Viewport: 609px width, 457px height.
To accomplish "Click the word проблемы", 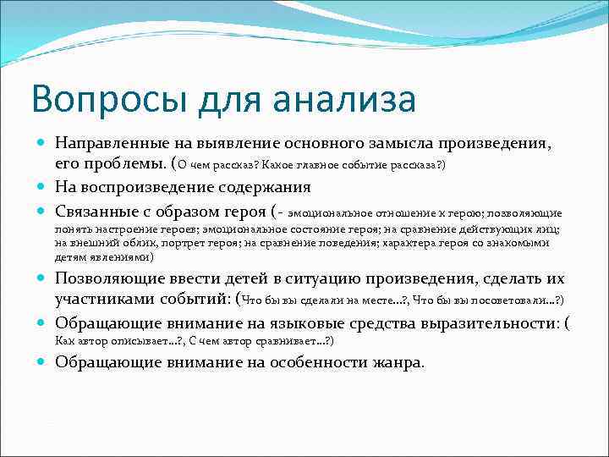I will [123, 163].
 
